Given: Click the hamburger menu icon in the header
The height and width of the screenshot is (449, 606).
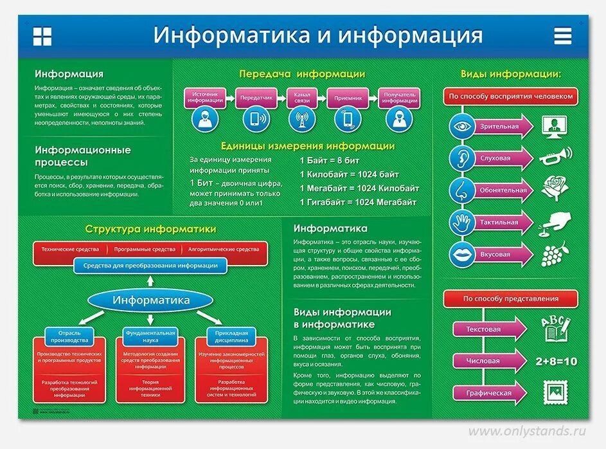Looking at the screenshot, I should click(562, 36).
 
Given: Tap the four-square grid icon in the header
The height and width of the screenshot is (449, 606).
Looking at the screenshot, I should click(42, 36).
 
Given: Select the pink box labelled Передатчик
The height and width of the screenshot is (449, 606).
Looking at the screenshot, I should click(256, 98).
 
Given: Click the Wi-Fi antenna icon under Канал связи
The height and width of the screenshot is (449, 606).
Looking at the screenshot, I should click(299, 119).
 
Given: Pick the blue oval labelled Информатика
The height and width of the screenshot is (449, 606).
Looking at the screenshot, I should click(151, 300).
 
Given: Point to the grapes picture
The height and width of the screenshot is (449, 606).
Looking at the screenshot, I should click(552, 253).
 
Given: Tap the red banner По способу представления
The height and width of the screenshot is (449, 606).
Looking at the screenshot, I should click(510, 298).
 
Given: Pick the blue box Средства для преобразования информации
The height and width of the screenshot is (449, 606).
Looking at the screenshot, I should click(150, 265).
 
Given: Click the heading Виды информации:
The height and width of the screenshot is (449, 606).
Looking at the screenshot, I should click(510, 74).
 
